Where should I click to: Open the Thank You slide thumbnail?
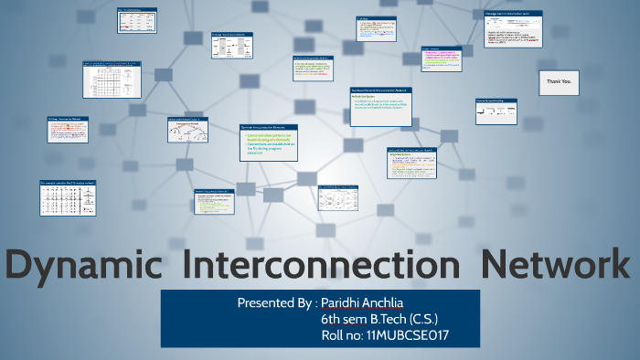(x=559, y=83)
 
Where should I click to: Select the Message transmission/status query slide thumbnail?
(x=513, y=28)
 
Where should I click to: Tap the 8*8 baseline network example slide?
(x=68, y=197)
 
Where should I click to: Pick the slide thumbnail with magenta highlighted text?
(x=443, y=62)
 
